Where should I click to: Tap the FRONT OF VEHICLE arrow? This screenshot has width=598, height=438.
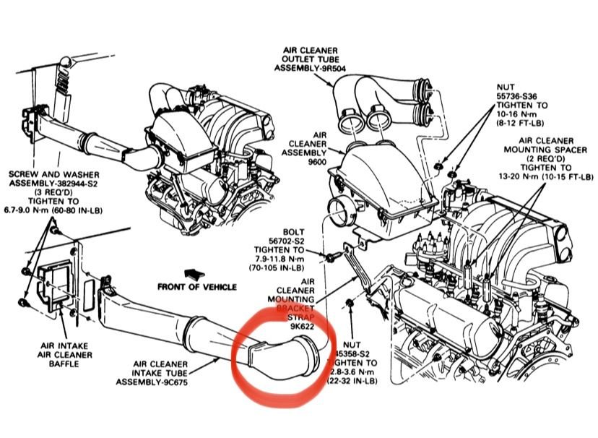(x=193, y=274)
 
